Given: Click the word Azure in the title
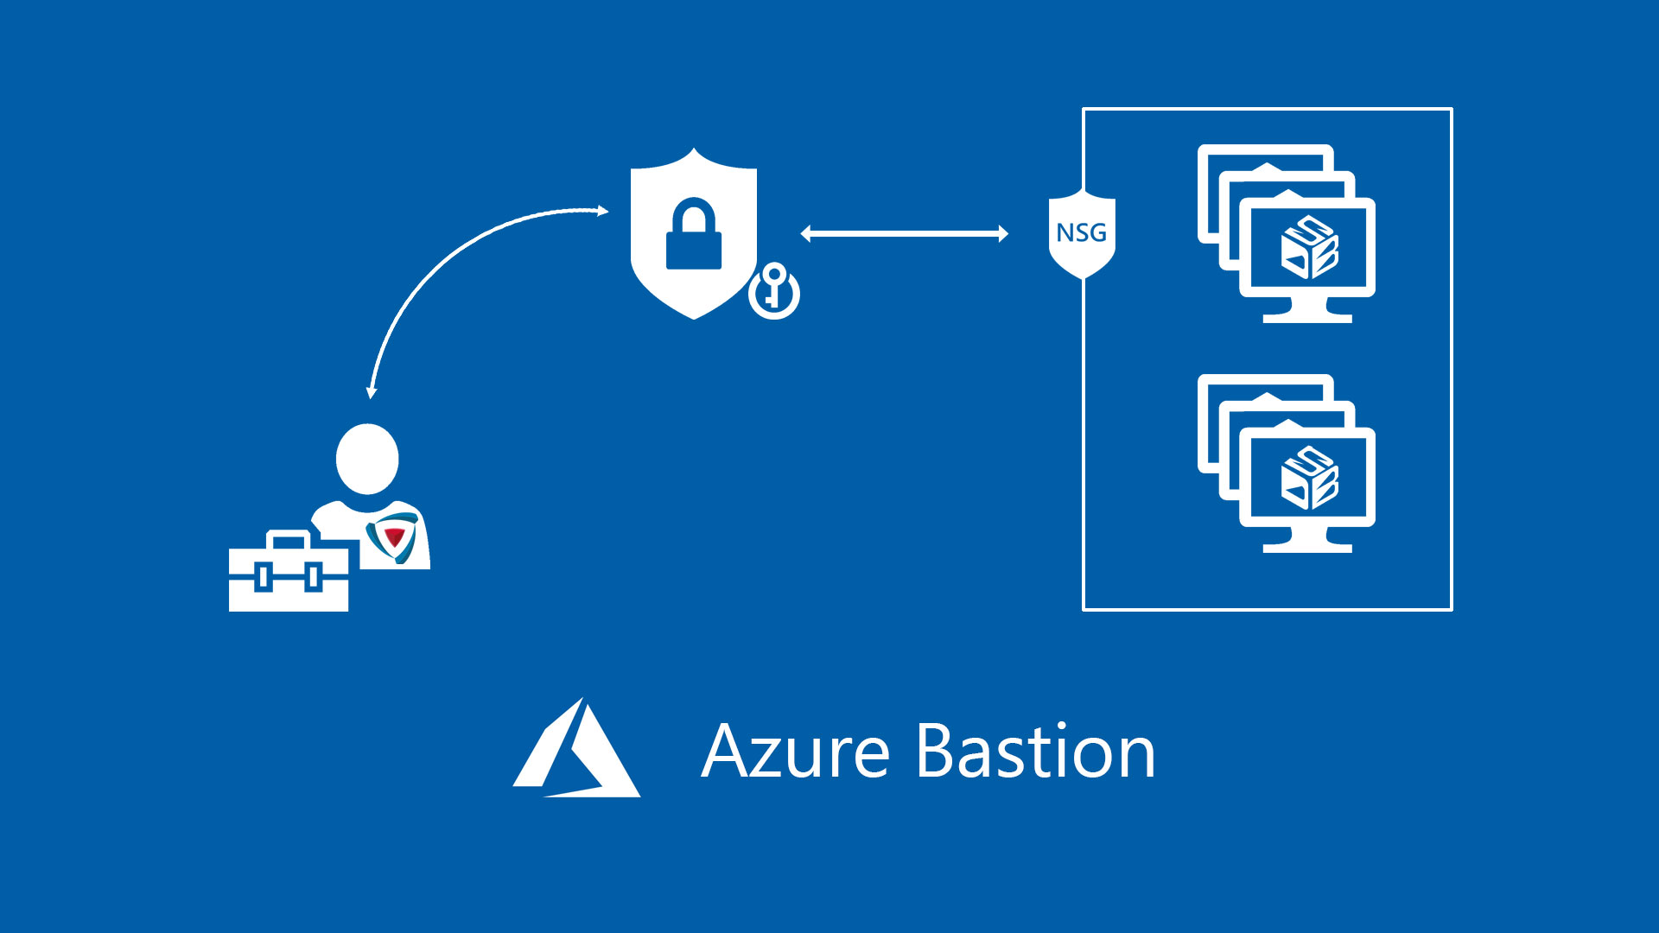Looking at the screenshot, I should (x=795, y=752).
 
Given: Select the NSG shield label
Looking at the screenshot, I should (x=1082, y=233).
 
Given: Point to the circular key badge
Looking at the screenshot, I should (x=774, y=292).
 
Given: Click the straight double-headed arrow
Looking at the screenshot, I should (x=904, y=233).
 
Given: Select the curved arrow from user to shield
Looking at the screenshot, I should (x=449, y=259).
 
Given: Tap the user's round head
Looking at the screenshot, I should (x=367, y=459).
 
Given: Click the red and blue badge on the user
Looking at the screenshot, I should (x=393, y=536).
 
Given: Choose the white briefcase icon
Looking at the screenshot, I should (x=289, y=577).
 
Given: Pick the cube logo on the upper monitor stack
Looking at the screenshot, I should (x=1309, y=248).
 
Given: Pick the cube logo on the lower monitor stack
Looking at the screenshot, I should (x=1309, y=478).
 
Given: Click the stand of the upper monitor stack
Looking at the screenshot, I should (x=1307, y=312).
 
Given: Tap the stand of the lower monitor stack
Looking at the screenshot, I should (x=1307, y=542).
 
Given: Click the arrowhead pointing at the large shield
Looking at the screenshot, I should (x=602, y=211).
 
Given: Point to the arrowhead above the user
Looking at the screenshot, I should (x=372, y=392).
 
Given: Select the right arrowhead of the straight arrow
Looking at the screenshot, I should (x=1003, y=233).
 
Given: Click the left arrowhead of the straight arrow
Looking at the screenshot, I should (x=806, y=233).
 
